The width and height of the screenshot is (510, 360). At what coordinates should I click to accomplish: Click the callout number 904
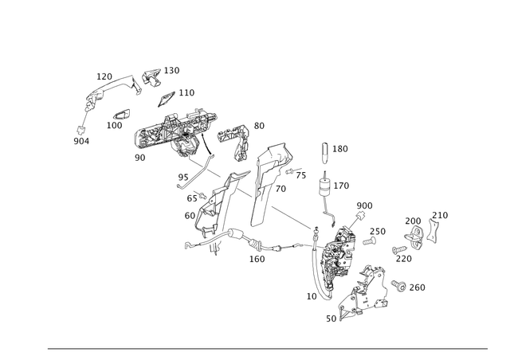pyautogui.click(x=81, y=141)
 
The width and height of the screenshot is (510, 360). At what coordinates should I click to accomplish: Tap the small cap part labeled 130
pyautogui.click(x=151, y=77)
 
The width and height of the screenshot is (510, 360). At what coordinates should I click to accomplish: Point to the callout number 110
pyautogui.click(x=186, y=92)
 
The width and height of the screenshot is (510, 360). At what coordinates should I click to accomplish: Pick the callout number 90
pyautogui.click(x=140, y=158)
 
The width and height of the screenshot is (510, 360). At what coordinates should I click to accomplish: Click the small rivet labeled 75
pyautogui.click(x=289, y=171)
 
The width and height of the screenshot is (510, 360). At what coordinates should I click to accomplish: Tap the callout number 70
pyautogui.click(x=280, y=189)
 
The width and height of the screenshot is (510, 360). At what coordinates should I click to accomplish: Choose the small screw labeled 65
pyautogui.click(x=202, y=196)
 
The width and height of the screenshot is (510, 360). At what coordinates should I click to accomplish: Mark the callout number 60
pyautogui.click(x=190, y=216)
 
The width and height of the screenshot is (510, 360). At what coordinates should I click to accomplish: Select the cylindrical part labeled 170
pyautogui.click(x=324, y=189)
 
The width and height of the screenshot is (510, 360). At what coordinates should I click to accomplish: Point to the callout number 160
pyautogui.click(x=257, y=259)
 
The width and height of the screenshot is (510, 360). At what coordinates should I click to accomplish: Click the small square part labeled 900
pyautogui.click(x=360, y=216)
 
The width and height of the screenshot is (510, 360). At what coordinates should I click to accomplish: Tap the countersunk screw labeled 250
pyautogui.click(x=369, y=241)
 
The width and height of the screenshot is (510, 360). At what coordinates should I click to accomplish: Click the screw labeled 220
pyautogui.click(x=399, y=250)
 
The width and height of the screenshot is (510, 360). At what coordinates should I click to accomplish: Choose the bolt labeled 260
pyautogui.click(x=398, y=285)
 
